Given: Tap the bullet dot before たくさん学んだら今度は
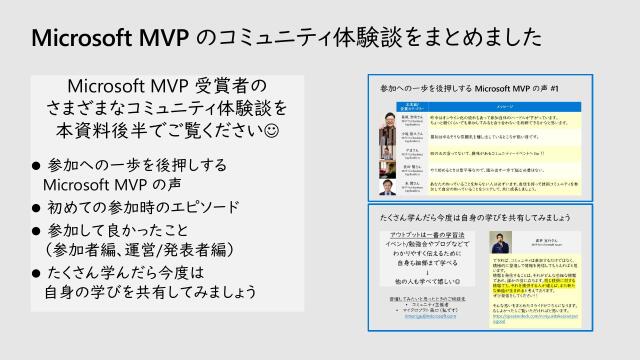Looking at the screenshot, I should point(37,274).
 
